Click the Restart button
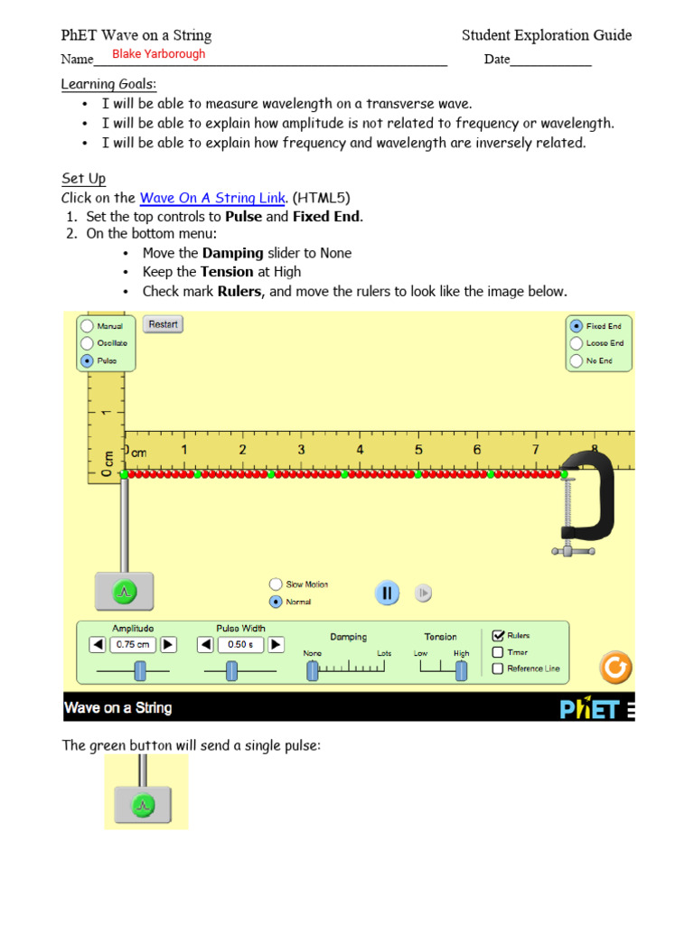(x=163, y=324)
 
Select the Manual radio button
(x=87, y=326)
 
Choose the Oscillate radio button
(x=87, y=343)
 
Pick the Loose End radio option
(x=576, y=343)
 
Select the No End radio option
(x=576, y=360)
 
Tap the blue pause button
(x=387, y=593)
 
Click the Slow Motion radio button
(x=276, y=584)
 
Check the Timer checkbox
(x=498, y=652)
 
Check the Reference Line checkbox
(x=498, y=668)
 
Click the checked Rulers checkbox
(x=498, y=636)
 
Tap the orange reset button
(x=615, y=668)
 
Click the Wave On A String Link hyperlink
(x=212, y=198)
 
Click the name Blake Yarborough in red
(x=158, y=54)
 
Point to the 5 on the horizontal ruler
(x=418, y=450)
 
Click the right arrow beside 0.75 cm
(x=168, y=645)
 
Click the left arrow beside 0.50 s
(x=205, y=645)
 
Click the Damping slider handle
(x=313, y=670)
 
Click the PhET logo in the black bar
(x=589, y=708)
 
